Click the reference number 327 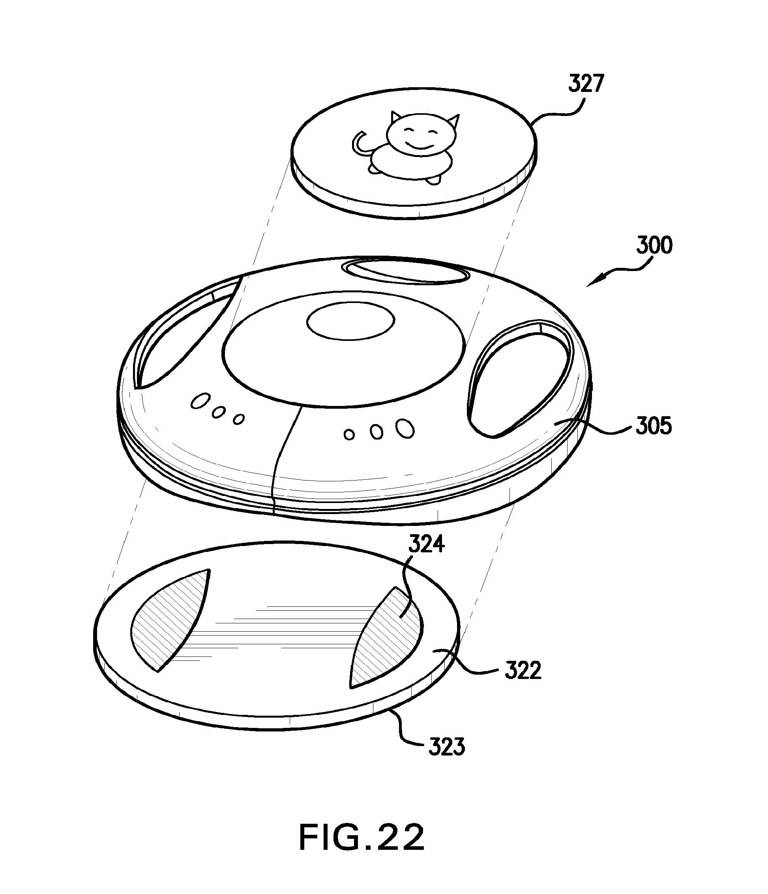click(586, 84)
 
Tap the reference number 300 click(654, 245)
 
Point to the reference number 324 click(427, 545)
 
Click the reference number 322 click(523, 671)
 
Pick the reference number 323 click(446, 747)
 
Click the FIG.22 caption click(362, 837)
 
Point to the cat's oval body click(410, 163)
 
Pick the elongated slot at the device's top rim click(406, 271)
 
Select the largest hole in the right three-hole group click(405, 428)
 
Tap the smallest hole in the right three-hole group click(349, 434)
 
